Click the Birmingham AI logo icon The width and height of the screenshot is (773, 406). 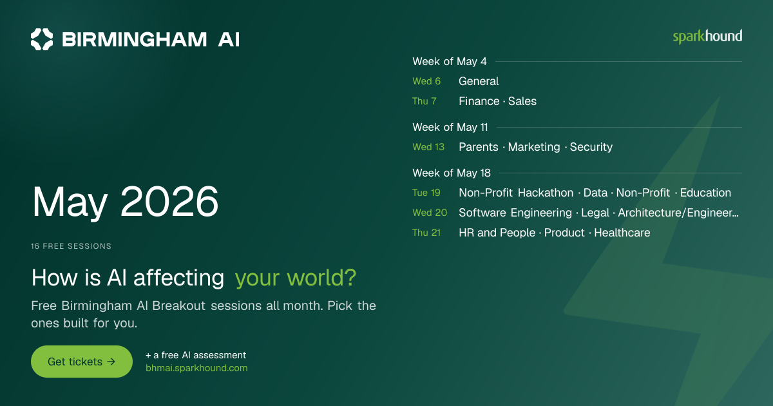[42, 39]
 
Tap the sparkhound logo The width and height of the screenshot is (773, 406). [707, 37]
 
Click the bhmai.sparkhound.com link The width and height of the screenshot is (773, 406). [196, 368]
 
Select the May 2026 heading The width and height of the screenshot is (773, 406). [125, 202]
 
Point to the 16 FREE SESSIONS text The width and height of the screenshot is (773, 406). [71, 246]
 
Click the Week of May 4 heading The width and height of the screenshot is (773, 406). [450, 61]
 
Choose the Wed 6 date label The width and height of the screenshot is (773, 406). [426, 81]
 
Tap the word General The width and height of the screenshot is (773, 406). [479, 81]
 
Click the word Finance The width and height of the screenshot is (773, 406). [479, 101]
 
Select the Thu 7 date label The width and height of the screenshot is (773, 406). [425, 101]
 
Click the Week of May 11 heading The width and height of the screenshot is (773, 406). [450, 127]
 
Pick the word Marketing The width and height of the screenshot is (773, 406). [534, 147]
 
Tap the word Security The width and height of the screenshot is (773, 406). [591, 147]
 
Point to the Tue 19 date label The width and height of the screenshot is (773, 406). [426, 193]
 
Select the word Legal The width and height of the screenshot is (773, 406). [595, 213]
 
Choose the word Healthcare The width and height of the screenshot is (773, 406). [622, 233]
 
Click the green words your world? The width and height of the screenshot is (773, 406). [296, 278]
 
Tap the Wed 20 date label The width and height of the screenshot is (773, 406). [430, 213]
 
